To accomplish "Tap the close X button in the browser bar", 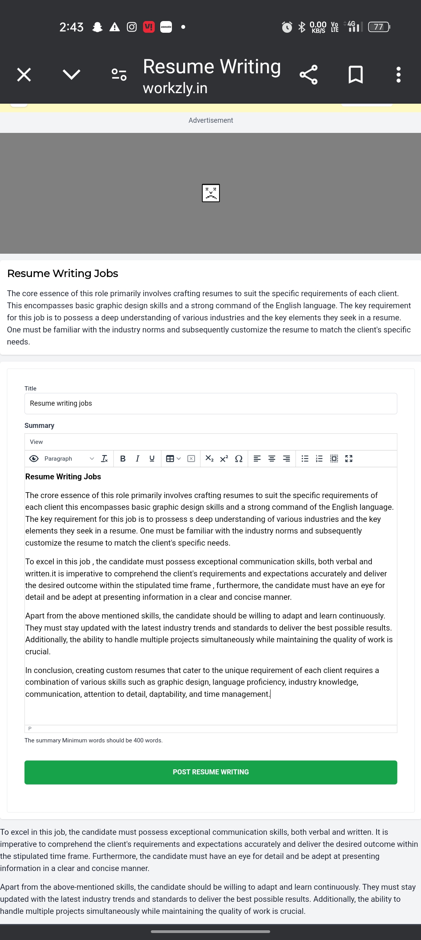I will point(24,74).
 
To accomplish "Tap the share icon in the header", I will point(309,74).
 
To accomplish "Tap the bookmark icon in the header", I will point(356,74).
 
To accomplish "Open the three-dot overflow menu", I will point(398,74).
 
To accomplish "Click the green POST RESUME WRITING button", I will point(210,772).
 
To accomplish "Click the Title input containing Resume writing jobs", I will point(210,403).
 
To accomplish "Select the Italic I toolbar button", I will point(138,458).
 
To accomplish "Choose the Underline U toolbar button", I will point(152,458).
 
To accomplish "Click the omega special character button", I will point(239,458).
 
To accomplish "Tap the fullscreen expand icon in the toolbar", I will point(349,458).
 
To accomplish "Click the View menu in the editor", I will point(36,442).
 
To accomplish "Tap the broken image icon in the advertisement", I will point(211,193).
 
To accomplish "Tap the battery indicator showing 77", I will point(379,27).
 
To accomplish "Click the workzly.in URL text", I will point(175,88).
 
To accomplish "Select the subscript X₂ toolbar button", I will point(209,458).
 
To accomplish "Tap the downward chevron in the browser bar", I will point(71,74).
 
